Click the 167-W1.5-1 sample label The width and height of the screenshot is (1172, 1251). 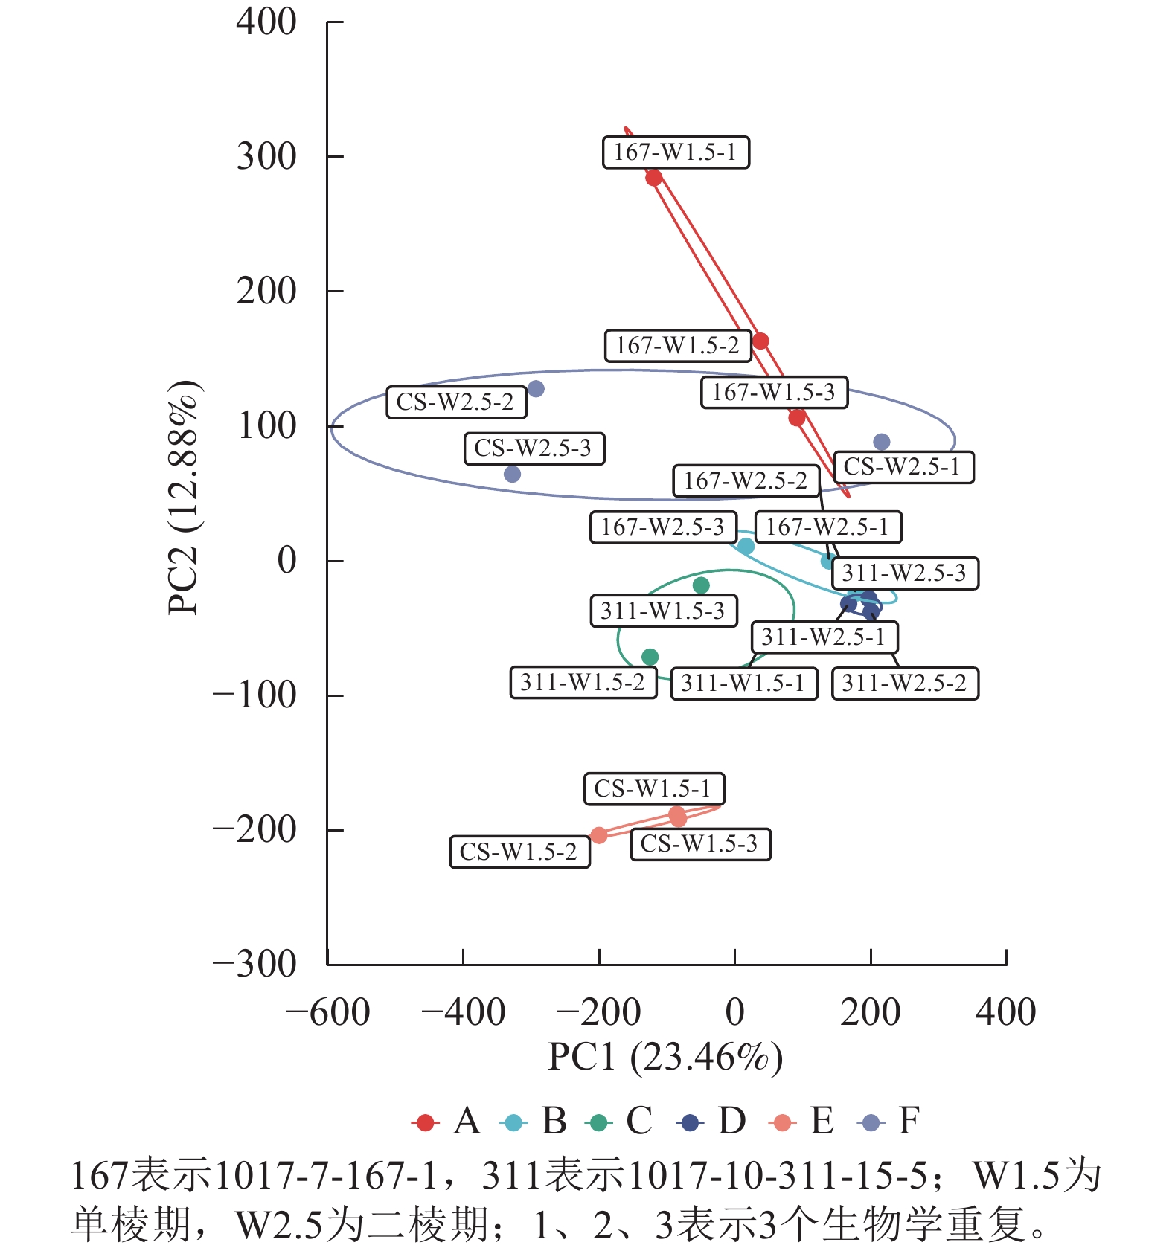(x=675, y=152)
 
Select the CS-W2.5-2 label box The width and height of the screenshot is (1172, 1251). (x=455, y=402)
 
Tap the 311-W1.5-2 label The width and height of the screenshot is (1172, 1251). (x=583, y=682)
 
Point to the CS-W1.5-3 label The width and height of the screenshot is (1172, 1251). (x=699, y=844)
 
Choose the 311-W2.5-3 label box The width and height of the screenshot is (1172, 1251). (x=904, y=573)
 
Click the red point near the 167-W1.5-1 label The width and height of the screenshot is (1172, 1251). (x=654, y=178)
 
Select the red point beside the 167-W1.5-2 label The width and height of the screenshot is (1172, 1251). (x=760, y=341)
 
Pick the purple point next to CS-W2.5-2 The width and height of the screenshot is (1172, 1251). (x=536, y=389)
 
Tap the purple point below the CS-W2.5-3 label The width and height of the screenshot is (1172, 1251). (x=512, y=474)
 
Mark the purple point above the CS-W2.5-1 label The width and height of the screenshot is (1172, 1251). (x=882, y=442)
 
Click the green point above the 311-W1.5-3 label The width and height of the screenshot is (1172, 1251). (x=701, y=585)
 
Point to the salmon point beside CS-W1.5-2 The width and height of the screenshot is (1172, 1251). (x=599, y=835)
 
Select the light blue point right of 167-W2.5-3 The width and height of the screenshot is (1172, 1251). (x=746, y=547)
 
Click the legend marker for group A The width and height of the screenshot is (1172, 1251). (x=426, y=1122)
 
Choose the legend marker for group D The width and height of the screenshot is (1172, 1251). (x=691, y=1122)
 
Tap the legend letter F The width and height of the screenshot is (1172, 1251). (x=909, y=1121)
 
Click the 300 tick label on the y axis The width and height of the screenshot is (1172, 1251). (x=266, y=157)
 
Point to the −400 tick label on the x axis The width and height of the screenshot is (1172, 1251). (x=463, y=1012)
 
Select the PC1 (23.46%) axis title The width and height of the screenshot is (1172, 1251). (x=665, y=1057)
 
